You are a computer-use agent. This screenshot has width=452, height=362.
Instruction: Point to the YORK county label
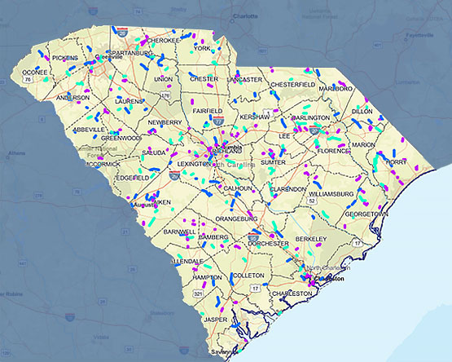[x=203, y=49]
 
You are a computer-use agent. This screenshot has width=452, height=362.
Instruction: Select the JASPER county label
[x=215, y=320]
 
